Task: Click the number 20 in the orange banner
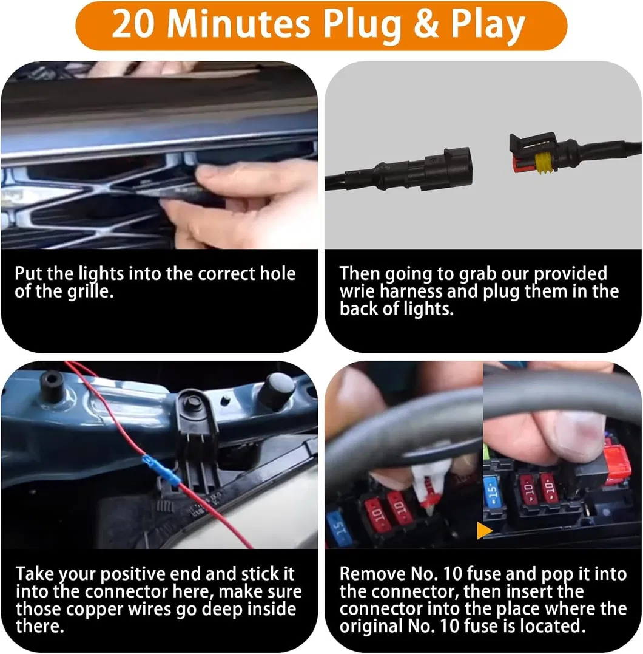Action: point(132,24)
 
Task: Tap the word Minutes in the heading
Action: point(238,24)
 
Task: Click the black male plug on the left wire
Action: point(437,169)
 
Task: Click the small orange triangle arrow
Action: point(484,531)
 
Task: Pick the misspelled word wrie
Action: point(357,291)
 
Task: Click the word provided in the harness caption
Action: point(570,274)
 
